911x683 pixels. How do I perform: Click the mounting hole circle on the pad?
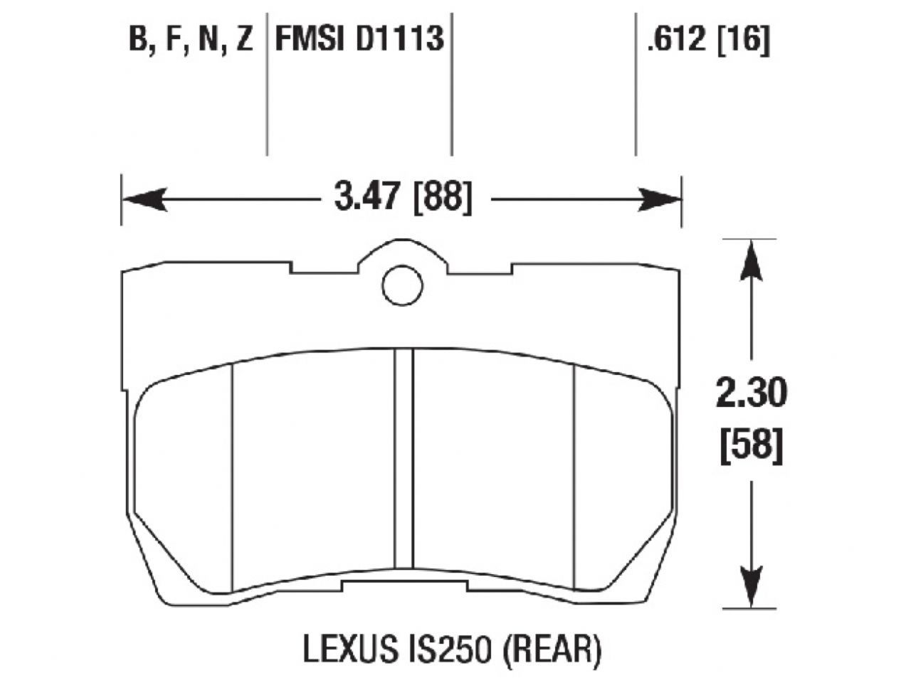(403, 286)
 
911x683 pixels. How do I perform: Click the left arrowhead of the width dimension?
(142, 200)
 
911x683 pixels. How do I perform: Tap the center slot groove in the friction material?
(404, 462)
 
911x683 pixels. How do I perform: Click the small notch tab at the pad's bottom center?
(404, 584)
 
